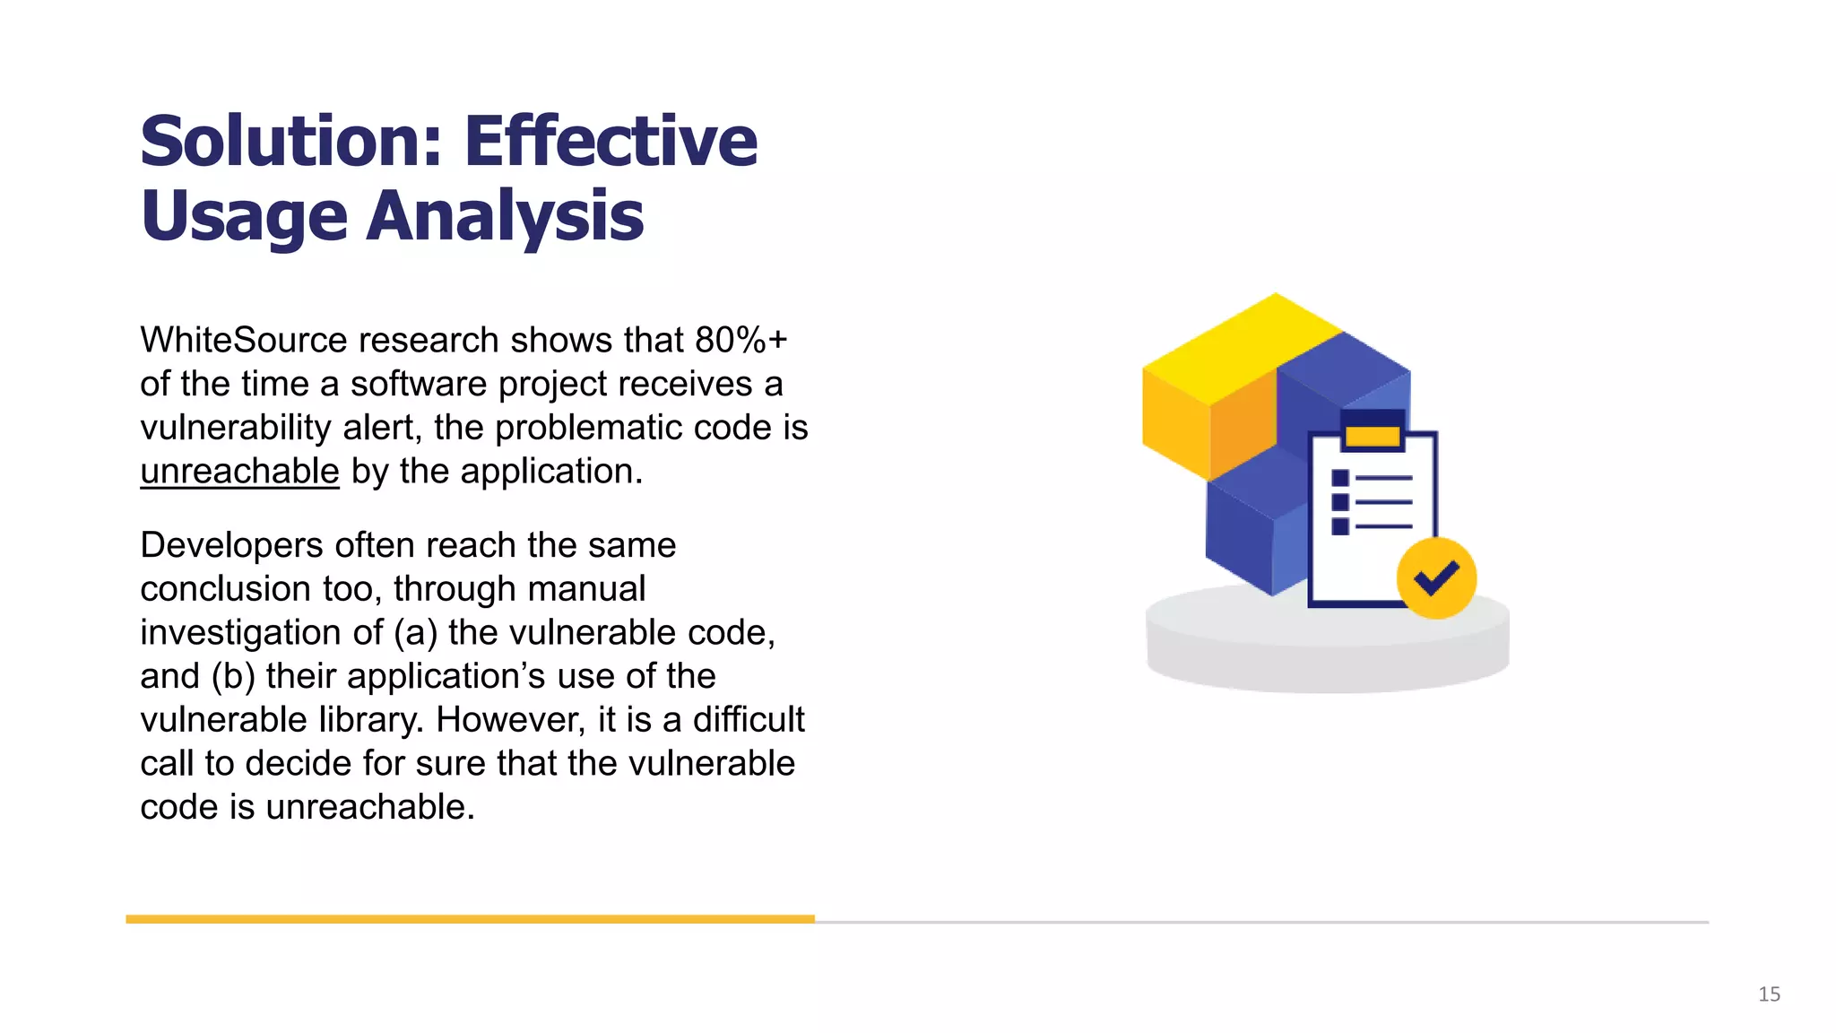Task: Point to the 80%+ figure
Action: tap(740, 341)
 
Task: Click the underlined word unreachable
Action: tap(239, 472)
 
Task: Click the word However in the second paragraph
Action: tap(511, 720)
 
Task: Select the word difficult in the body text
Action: tap(748, 720)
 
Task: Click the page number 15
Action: tap(1769, 994)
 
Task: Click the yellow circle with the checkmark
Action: tap(1436, 578)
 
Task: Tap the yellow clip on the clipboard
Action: tap(1373, 437)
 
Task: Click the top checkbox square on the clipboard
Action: tap(1340, 478)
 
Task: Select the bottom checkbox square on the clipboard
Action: tap(1340, 526)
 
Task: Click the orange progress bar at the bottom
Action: tap(470, 919)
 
